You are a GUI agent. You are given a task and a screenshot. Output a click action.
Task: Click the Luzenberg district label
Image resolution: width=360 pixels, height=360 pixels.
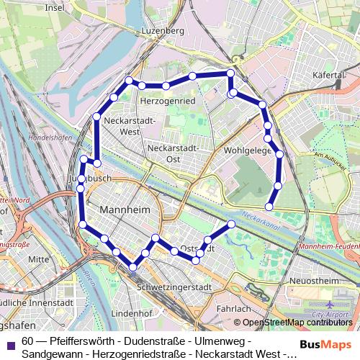coord(164,31)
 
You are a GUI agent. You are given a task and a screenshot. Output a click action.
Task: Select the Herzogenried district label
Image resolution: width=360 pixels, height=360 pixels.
coord(168,102)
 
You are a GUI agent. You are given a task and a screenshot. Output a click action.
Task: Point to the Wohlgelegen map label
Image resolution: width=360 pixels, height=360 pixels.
coord(247,151)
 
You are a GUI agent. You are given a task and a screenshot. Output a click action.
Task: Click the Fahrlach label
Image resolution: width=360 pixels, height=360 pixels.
coord(233,308)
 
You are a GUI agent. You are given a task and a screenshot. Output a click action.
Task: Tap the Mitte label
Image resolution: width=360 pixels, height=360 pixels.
coord(38,258)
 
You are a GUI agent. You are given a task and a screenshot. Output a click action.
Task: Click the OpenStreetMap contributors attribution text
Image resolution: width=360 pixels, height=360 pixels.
coord(297,323)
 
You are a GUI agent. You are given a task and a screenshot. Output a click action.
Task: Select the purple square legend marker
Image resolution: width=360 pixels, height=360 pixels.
coord(10,341)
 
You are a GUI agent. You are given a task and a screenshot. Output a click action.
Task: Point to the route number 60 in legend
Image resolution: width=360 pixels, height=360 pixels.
coord(27,341)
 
